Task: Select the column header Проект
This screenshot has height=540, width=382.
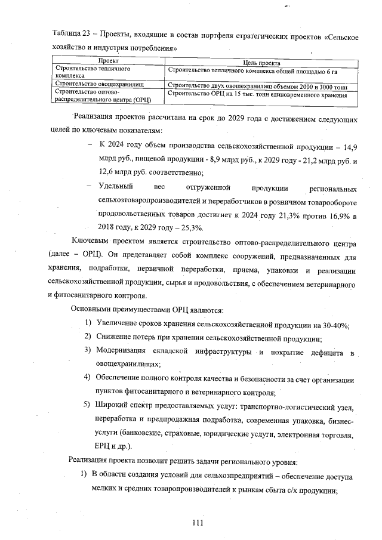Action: click(108, 61)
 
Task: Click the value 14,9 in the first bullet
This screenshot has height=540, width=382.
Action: click(349, 146)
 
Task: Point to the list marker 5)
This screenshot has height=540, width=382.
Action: click(87, 407)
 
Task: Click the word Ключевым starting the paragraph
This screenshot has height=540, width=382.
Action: click(90, 243)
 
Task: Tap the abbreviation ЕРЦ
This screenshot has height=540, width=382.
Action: click(104, 446)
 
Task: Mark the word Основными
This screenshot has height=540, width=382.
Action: click(93, 310)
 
